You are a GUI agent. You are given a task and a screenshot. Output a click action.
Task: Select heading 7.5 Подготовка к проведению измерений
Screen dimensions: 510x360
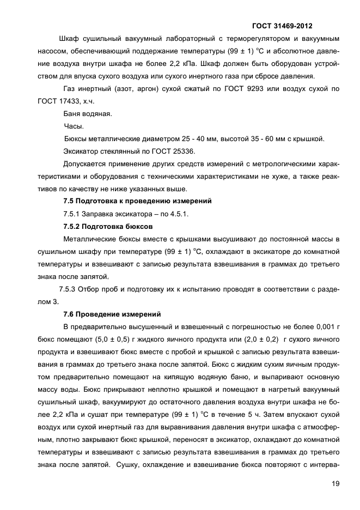click(137, 201)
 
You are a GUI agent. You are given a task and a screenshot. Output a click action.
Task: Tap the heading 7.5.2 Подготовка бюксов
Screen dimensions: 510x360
click(108, 226)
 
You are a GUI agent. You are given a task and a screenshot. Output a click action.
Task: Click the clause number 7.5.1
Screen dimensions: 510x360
click(74, 214)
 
